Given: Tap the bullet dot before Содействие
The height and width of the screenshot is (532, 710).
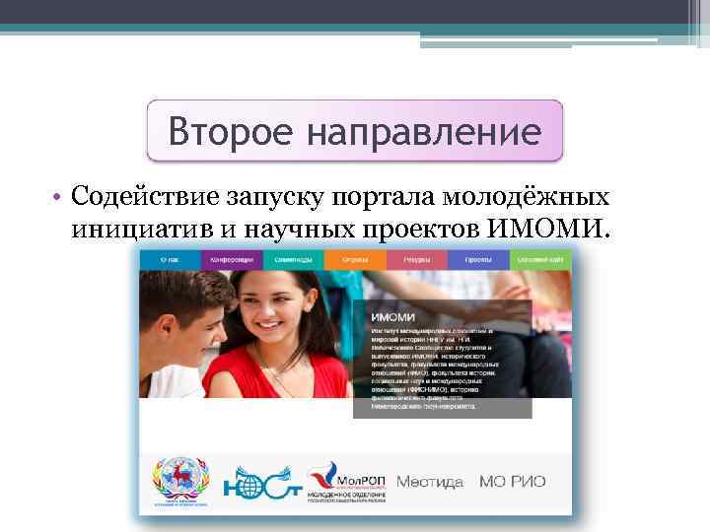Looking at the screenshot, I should point(60,198).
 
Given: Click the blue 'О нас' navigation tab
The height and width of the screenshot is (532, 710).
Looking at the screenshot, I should point(169,259).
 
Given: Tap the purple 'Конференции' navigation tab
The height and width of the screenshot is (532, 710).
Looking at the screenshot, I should point(231,259).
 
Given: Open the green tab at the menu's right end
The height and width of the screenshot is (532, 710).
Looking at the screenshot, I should point(540,259).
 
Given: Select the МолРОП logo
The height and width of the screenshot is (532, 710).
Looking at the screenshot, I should point(344,483).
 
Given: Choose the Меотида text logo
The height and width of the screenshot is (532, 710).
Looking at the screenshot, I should point(429,483).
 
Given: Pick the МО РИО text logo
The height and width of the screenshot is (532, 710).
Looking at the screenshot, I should point(512,483).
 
